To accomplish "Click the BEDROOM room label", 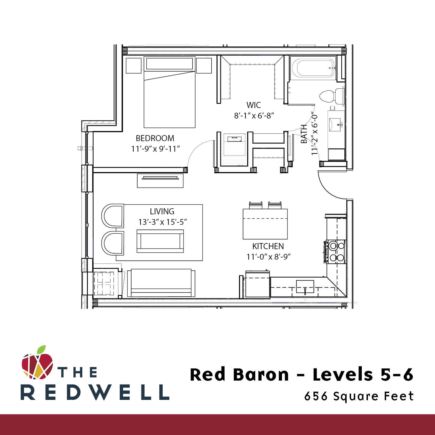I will [155, 138].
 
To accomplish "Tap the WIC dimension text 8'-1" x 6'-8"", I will [254, 115].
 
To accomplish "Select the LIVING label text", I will [162, 212].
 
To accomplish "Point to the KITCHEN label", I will [268, 246].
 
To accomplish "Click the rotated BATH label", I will [304, 134].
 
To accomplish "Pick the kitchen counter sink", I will [305, 286].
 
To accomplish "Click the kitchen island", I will [265, 224].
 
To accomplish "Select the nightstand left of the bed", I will [133, 65].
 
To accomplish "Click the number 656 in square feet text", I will [316, 396].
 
